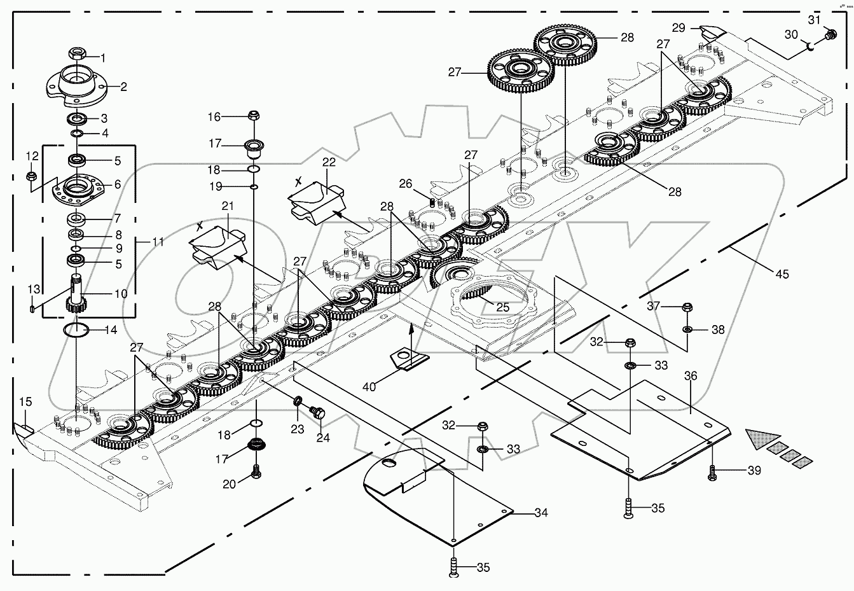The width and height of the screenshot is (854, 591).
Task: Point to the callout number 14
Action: (x=111, y=331)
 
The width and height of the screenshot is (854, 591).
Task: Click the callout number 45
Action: (x=782, y=274)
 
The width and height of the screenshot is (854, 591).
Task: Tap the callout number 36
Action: (x=691, y=377)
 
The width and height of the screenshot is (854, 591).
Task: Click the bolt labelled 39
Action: (x=713, y=471)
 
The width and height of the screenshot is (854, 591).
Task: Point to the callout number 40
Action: (x=369, y=386)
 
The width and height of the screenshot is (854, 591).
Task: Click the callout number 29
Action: (x=678, y=28)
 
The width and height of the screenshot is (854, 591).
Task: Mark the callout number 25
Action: (x=503, y=308)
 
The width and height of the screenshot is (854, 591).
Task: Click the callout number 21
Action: (x=228, y=206)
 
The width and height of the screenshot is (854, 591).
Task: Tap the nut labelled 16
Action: (x=252, y=116)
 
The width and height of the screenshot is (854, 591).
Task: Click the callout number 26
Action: (x=406, y=184)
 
